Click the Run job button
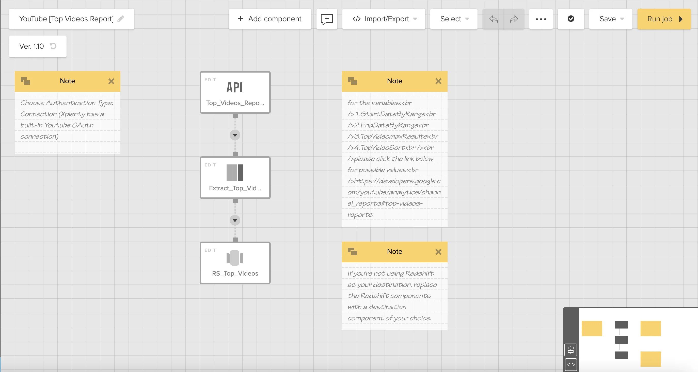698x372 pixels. point(664,19)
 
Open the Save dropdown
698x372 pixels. point(610,19)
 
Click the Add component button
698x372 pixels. point(269,19)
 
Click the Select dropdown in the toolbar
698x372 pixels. point(454,19)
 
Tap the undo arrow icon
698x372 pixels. point(493,19)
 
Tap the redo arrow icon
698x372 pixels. point(514,19)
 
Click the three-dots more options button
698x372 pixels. point(541,19)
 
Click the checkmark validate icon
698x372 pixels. point(571,19)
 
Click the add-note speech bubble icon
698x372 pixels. point(327,19)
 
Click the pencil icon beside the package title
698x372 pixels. point(121,19)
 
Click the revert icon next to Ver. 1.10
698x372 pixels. point(53,46)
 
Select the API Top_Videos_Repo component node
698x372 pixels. point(235,92)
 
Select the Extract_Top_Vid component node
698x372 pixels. point(235,178)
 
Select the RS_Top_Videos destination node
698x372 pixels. point(235,263)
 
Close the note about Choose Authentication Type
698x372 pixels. point(111,81)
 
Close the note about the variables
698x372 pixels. point(438,81)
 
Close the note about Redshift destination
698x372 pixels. point(438,252)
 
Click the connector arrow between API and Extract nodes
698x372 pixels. point(235,135)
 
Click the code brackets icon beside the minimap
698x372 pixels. point(571,365)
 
